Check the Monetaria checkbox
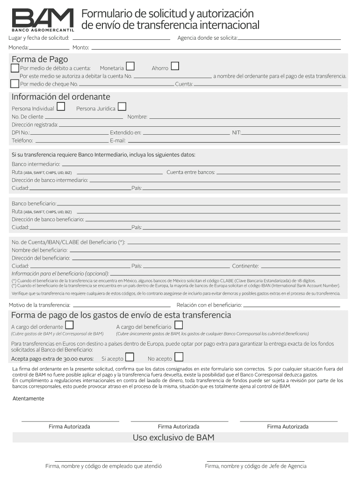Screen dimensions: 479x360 tap(130, 66)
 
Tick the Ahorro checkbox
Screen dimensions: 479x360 tap(175, 66)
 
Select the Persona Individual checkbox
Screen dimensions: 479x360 tap(61, 107)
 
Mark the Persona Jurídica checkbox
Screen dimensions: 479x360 tap(122, 107)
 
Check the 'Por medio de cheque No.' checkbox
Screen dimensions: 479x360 tap(15, 84)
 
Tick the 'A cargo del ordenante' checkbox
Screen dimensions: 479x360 tap(69, 325)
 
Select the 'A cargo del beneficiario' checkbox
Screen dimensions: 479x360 tap(179, 325)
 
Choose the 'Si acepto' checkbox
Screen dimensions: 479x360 tap(130, 357)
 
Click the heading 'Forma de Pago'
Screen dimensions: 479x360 tap(40, 59)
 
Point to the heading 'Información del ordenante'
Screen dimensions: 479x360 tap(61, 97)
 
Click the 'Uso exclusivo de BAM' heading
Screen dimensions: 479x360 tap(173, 438)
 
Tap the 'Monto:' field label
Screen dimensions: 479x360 tap(81, 48)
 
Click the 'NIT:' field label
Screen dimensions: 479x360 tap(237, 133)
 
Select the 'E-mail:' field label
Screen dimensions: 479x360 tap(118, 141)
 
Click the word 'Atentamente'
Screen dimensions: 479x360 tap(29, 399)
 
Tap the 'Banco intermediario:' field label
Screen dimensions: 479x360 tap(36, 164)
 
